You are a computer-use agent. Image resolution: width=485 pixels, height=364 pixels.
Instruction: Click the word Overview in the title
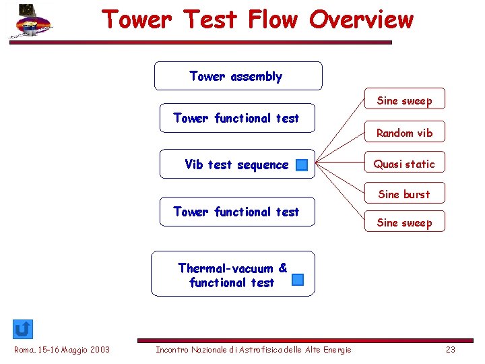361,20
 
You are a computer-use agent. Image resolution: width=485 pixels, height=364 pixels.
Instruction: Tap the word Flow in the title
272,20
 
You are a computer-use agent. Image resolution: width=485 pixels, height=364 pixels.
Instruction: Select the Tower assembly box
238,76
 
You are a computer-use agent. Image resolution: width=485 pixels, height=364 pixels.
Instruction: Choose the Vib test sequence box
236,164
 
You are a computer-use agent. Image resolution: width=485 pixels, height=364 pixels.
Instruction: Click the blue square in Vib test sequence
302,165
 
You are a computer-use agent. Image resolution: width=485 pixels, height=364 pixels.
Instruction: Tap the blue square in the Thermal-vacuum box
298,280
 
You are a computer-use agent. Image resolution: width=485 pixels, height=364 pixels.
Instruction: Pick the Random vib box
404,133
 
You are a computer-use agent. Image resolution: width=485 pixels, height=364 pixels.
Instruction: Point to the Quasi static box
404,164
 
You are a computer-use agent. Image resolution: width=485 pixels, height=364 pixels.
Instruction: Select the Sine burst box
403,194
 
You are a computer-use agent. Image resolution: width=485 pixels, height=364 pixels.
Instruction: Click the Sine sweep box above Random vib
404,100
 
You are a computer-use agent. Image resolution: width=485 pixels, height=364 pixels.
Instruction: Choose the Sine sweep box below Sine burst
404,222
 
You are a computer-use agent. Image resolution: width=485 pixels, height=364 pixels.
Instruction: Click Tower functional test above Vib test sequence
236,118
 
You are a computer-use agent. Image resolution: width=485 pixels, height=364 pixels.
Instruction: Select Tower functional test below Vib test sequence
236,212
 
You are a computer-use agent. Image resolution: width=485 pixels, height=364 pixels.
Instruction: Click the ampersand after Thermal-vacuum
282,268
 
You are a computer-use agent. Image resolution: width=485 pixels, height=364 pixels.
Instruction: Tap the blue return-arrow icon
22,329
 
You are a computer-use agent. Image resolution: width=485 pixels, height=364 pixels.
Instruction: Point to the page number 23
451,349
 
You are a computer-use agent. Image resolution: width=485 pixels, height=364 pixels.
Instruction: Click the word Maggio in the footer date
78,349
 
